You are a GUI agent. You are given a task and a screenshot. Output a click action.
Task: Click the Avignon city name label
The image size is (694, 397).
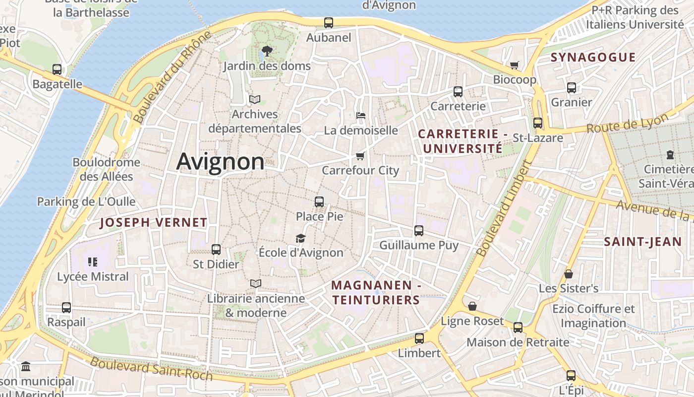click(x=220, y=162)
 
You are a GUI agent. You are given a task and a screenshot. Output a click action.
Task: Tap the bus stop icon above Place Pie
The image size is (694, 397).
click(x=319, y=202)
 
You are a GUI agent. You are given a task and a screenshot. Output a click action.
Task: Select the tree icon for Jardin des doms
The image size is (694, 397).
click(x=267, y=51)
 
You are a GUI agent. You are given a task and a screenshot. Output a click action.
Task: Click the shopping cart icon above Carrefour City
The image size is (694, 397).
click(x=360, y=156)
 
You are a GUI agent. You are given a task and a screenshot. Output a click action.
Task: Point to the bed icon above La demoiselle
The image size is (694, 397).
click(x=361, y=116)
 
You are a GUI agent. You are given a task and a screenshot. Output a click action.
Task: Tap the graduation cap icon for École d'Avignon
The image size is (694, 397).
click(x=301, y=238)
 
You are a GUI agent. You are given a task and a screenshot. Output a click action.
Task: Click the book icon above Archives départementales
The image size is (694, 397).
click(x=255, y=100)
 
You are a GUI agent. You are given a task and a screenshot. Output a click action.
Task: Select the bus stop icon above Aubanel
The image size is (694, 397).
click(x=329, y=23)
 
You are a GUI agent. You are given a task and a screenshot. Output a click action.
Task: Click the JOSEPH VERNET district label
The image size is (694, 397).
click(x=153, y=223)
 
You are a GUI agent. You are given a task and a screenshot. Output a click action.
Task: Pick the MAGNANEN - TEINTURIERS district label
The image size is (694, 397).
click(x=376, y=293)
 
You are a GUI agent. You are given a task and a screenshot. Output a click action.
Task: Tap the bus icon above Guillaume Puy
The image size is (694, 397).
click(x=419, y=231)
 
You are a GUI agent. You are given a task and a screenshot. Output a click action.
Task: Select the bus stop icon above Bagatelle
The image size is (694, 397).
click(x=57, y=69)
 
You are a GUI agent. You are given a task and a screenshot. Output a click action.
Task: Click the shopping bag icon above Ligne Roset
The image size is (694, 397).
click(x=472, y=306)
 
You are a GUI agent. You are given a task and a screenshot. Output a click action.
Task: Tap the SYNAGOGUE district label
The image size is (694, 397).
click(x=593, y=58)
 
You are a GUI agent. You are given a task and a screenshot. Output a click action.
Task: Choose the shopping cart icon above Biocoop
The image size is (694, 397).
click(x=515, y=65)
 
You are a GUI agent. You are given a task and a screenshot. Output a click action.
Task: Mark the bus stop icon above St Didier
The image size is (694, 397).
click(x=216, y=250)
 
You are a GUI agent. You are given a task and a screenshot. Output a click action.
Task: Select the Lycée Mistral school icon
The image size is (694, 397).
click(x=93, y=262)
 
